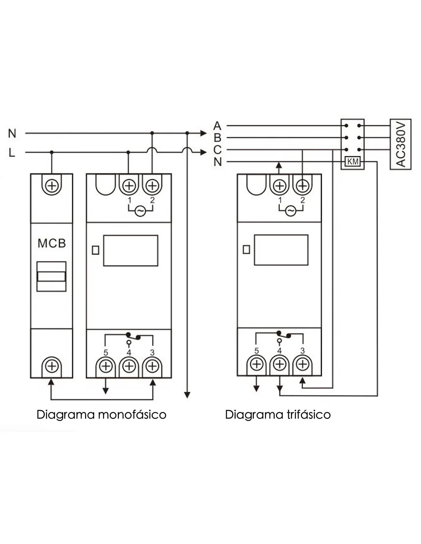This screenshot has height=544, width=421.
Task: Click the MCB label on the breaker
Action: tap(52, 243)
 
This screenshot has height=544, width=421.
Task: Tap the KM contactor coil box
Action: tap(352, 162)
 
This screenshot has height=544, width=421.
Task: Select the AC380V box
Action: tap(400, 144)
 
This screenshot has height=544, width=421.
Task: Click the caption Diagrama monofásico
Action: tap(101, 415)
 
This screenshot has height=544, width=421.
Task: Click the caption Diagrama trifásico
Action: tap(278, 415)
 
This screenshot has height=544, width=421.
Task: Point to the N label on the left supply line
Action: tap(12, 134)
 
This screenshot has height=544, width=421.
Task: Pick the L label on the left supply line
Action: tap(12, 153)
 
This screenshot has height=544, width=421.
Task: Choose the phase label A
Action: tap(217, 125)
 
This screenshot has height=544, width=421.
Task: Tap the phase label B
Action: tap(217, 137)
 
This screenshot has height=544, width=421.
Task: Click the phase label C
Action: tap(217, 150)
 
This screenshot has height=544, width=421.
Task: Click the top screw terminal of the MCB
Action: tap(52, 186)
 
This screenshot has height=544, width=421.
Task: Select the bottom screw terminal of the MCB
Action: tap(52, 366)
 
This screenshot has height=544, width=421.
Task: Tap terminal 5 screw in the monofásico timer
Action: tap(106, 366)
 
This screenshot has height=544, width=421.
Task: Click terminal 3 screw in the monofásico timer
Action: tap(153, 366)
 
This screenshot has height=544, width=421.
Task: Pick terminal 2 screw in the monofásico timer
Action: tap(152, 186)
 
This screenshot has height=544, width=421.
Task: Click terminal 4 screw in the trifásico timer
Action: tap(280, 364)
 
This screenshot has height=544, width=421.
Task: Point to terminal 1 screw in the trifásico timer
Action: tap(280, 186)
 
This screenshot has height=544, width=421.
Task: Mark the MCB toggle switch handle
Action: tap(52, 276)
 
